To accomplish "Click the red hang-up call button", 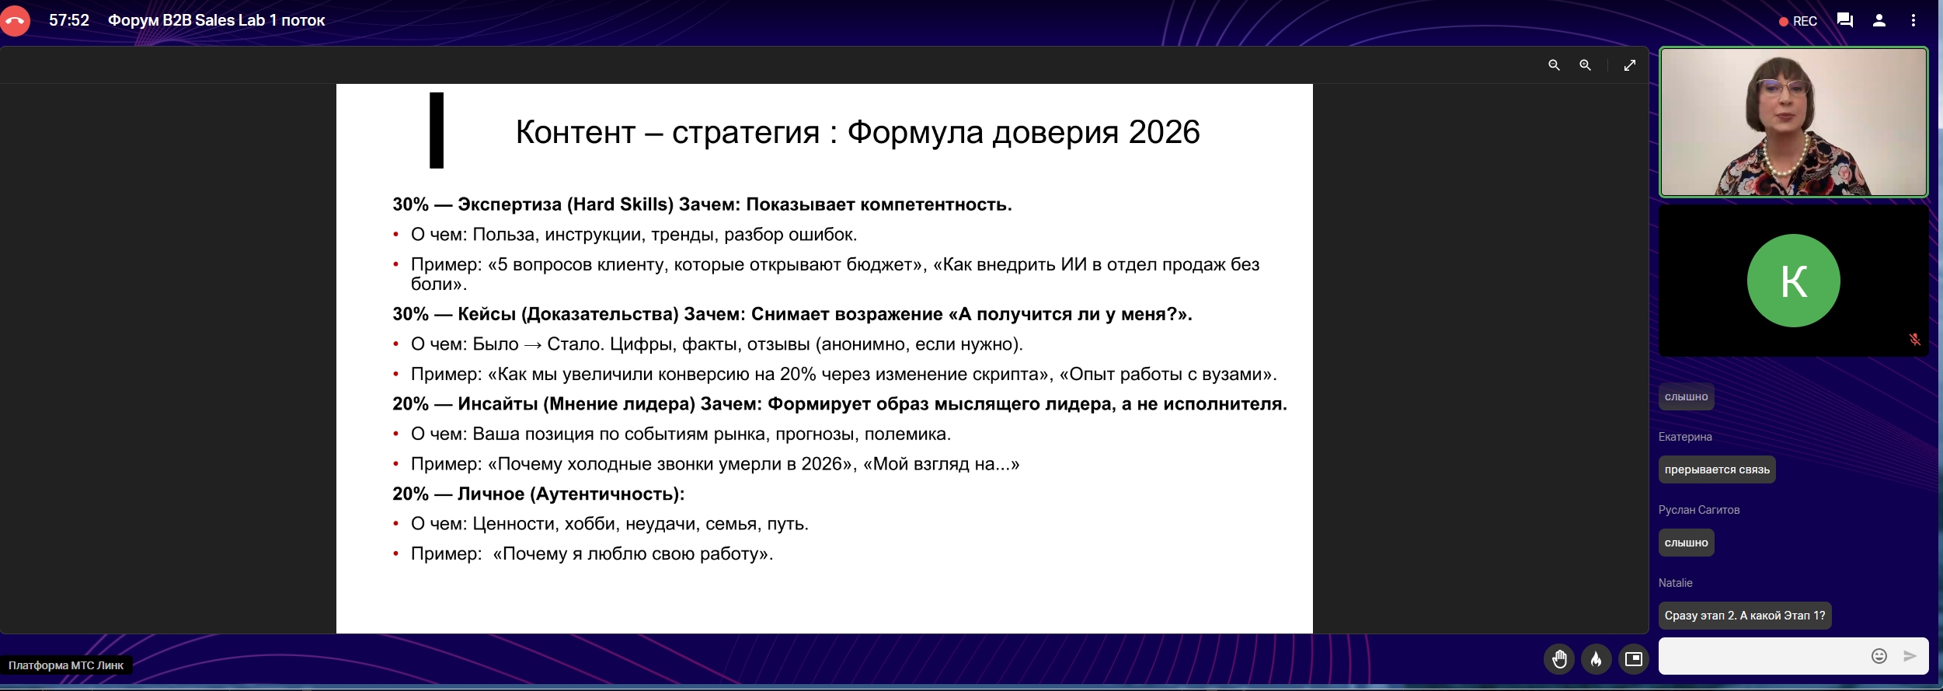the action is coord(14,21).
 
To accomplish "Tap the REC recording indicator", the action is coord(1798,22).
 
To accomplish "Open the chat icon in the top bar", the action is coord(1844,21).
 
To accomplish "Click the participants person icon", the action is coord(1879,21).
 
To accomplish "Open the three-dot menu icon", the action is coord(1913,21).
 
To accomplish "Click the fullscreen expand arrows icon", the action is coord(1629,65).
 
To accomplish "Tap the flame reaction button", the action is coord(1596,659).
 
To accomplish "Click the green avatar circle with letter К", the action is coord(1793,281).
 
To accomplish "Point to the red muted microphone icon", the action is coord(1914,339).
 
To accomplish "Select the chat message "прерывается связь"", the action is coord(1717,469).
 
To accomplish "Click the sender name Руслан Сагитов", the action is coord(1699,510).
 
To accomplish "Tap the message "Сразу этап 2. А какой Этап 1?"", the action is coord(1745,616).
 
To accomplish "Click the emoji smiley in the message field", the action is coord(1879,656).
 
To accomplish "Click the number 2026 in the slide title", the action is coord(1164,132).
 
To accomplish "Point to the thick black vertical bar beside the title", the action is coord(437,130).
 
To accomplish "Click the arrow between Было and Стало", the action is coord(533,345).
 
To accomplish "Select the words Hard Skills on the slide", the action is coord(621,204).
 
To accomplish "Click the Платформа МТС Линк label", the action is coord(66,665).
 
